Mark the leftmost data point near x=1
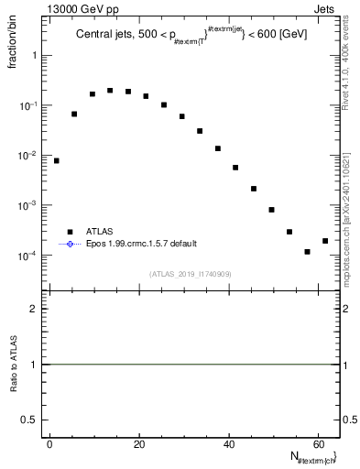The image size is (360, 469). coord(56,160)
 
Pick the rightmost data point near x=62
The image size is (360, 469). coord(325,241)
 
